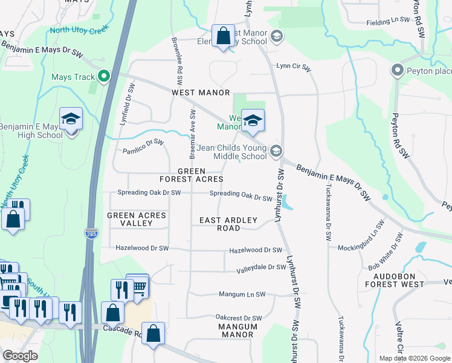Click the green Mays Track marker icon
pyautogui.click(x=104, y=76)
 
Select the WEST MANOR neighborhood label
pyautogui.click(x=201, y=93)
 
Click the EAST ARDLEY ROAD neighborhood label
pyautogui.click(x=228, y=224)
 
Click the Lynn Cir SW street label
pyautogui.click(x=293, y=66)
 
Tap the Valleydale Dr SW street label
pyautogui.click(x=260, y=267)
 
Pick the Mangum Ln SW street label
pyautogui.click(x=242, y=295)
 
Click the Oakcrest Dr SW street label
pyautogui.click(x=239, y=318)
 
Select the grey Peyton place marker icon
pyautogui.click(x=397, y=70)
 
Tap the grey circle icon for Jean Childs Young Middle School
pyautogui.click(x=276, y=151)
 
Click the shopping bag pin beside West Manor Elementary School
pyautogui.click(x=223, y=35)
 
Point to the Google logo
pyautogui.click(x=21, y=356)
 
